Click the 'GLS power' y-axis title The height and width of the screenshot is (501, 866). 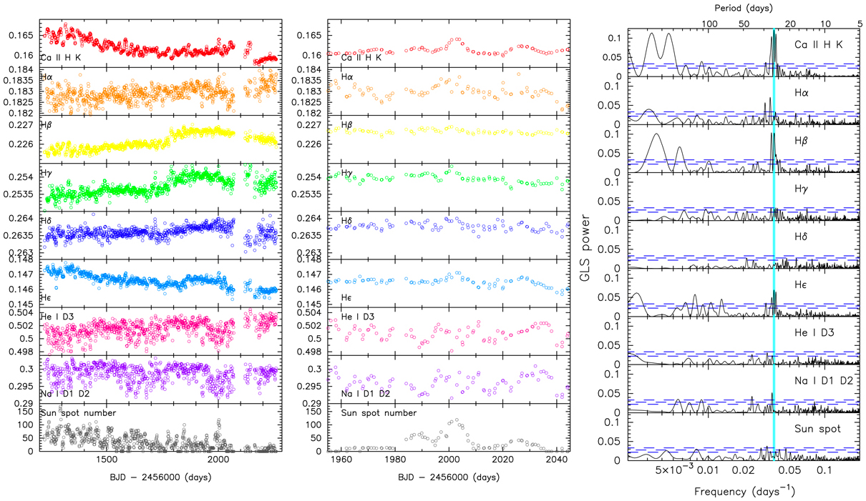587,242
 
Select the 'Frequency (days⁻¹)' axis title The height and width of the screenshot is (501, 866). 744,492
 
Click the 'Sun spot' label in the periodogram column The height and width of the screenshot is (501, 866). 818,429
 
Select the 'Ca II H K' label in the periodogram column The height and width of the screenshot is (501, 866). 819,45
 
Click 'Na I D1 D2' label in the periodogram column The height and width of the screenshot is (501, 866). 819,381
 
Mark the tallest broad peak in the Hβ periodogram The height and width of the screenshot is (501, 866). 656,134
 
